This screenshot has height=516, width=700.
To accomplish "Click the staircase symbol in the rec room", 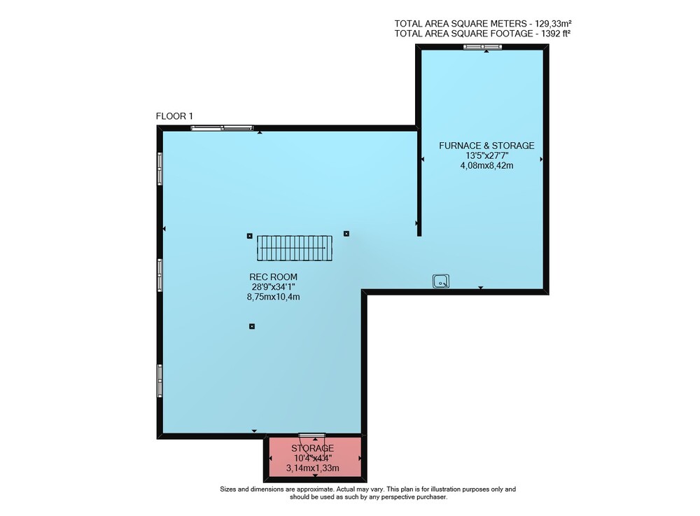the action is coord(295,248).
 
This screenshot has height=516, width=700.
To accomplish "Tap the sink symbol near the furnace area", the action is coord(440,281).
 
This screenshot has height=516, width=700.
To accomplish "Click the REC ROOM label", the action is coord(273,277).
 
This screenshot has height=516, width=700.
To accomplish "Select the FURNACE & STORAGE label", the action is coord(486,146).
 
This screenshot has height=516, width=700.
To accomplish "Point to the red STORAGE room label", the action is coord(312,448).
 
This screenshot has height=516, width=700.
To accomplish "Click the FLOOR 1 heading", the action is coord(174,116).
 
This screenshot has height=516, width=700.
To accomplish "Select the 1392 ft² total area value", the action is coord(556,34).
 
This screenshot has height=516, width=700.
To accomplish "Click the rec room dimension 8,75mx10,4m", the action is coord(273,296).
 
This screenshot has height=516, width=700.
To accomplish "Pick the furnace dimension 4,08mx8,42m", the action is coord(486,166).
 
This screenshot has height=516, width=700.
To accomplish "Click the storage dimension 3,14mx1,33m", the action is coord(312,468).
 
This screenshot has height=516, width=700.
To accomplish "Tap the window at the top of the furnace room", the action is coord(482,47).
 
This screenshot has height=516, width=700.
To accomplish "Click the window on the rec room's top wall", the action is coord(222,128).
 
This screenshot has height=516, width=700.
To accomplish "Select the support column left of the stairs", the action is coord(250,236).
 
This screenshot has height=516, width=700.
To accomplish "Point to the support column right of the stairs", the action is coord(346,233).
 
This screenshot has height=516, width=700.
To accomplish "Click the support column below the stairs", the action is coord(252,326).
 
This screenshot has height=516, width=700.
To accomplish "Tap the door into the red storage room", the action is coord(312,435).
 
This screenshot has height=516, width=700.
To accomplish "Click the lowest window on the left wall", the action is coord(160,381).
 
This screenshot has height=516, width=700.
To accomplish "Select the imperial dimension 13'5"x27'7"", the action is coord(486,155).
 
